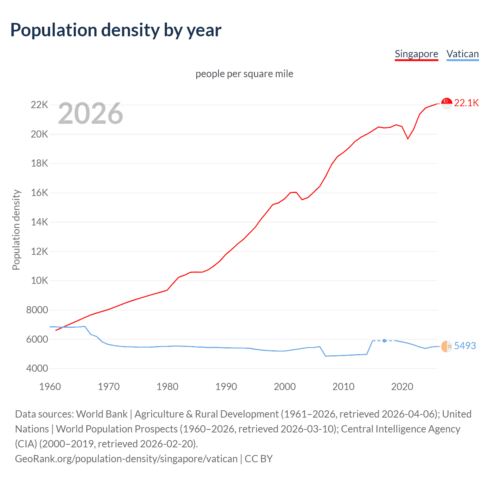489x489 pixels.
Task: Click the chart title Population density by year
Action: [x=115, y=30]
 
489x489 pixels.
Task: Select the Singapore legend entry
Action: [x=416, y=54]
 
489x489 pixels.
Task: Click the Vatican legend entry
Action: [x=462, y=54]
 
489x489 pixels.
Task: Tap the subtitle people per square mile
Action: [x=244, y=74]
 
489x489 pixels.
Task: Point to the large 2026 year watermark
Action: [x=91, y=113]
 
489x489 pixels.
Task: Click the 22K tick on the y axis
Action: [x=39, y=105]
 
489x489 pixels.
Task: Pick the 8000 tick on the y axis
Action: [x=37, y=310]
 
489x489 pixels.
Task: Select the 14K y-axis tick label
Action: [x=39, y=222]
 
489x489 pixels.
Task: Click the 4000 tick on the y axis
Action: [x=37, y=369]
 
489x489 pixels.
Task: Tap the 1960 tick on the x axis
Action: [x=50, y=387]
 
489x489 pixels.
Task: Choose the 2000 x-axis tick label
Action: [x=285, y=387]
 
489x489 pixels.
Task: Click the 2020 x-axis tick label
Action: [x=402, y=387]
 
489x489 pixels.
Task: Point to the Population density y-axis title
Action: [x=16, y=230]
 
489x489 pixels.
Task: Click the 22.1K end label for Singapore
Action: [x=466, y=103]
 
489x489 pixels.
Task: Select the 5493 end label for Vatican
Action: [x=465, y=346]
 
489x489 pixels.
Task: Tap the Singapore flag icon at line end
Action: [x=447, y=103]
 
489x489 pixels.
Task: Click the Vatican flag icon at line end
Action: [x=447, y=347]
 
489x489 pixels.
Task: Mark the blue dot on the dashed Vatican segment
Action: [x=384, y=340]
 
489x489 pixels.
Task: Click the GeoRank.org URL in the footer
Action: [x=126, y=458]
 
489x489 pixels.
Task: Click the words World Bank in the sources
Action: [x=102, y=414]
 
